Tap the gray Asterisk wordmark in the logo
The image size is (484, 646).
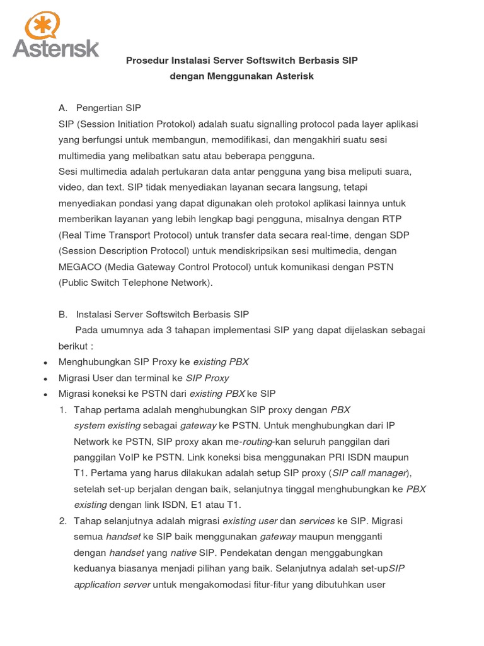tap(56, 48)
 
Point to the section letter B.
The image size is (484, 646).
tap(62, 314)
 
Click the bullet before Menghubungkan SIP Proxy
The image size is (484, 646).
tap(45, 363)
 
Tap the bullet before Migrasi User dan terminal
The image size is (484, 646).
tap(45, 379)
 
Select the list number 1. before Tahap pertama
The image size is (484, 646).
tap(62, 410)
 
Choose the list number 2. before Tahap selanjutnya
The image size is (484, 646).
tap(62, 521)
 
